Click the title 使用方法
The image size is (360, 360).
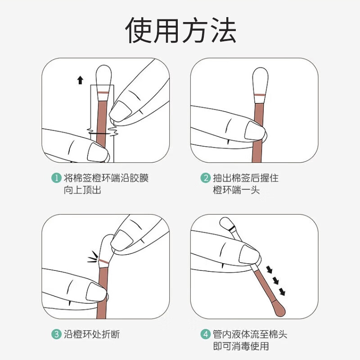click(x=180, y=31)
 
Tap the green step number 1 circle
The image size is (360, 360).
click(x=56, y=178)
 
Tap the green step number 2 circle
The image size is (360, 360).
click(x=205, y=178)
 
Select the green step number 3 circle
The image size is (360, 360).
click(x=56, y=334)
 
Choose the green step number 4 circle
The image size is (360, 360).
click(x=205, y=334)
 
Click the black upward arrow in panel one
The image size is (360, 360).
click(x=80, y=80)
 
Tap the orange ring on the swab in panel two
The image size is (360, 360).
click(x=260, y=96)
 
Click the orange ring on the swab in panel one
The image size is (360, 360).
click(x=103, y=92)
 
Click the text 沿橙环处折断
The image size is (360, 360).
click(x=92, y=334)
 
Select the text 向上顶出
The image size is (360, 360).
click(x=82, y=190)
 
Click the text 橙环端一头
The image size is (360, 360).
click(x=236, y=190)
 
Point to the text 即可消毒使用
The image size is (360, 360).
click(x=241, y=346)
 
